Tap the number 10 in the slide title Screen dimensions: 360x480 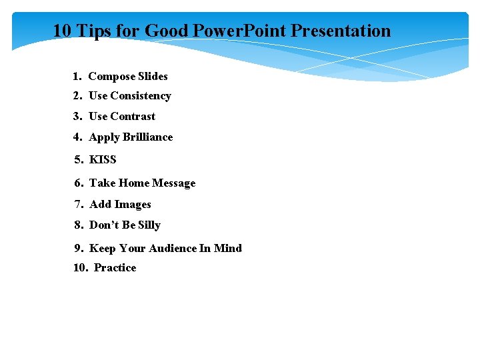point(62,31)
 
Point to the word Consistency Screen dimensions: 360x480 point(141,96)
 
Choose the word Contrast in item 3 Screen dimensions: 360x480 point(133,117)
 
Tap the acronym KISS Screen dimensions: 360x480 point(103,160)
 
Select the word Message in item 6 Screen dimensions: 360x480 point(174,183)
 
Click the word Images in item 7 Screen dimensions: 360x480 point(133,205)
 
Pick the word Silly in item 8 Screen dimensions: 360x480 point(149,225)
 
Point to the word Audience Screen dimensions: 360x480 point(173,249)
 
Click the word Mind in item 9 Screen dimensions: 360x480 point(228,249)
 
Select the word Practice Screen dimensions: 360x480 point(115,268)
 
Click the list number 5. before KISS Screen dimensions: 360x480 point(79,160)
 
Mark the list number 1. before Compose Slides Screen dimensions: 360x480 point(77,77)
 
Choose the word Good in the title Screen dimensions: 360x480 point(167,31)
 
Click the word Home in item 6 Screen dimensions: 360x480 point(134,183)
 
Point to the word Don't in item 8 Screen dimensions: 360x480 point(104,225)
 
